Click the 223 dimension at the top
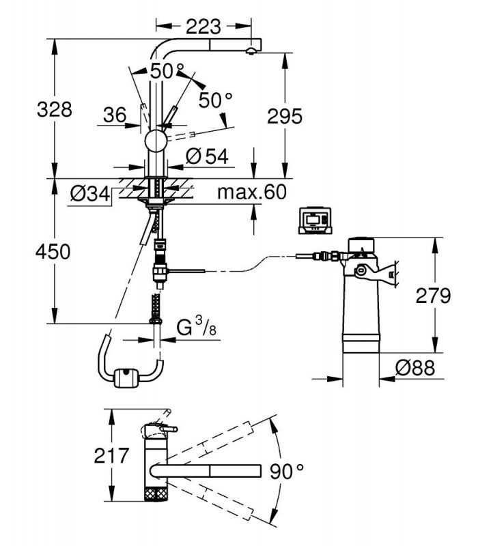point(203,27)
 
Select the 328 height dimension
point(55,109)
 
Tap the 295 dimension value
point(285,116)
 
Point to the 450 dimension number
point(53,251)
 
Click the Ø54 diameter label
point(207,156)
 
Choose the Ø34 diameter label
point(90,194)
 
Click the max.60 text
point(252,192)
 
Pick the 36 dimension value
point(115,115)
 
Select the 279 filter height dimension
point(433,296)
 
